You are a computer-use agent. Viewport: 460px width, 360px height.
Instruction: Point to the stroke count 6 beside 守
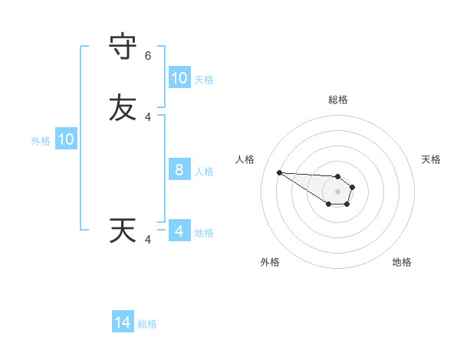pyautogui.click(x=148, y=56)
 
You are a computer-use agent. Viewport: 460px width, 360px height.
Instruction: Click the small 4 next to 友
pyautogui.click(x=148, y=116)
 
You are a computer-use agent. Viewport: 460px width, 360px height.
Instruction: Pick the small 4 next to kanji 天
pyautogui.click(x=148, y=240)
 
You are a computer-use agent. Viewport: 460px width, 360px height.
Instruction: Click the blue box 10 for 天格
pyautogui.click(x=179, y=78)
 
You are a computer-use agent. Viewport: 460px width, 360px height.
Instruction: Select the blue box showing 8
pyautogui.click(x=179, y=170)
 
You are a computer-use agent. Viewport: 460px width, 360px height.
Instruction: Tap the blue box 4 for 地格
pyautogui.click(x=179, y=231)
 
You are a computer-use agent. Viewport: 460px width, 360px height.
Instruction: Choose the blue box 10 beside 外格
pyautogui.click(x=66, y=139)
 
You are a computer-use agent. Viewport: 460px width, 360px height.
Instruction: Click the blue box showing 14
pyautogui.click(x=123, y=323)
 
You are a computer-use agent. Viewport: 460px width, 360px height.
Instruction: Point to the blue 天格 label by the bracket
pyautogui.click(x=204, y=79)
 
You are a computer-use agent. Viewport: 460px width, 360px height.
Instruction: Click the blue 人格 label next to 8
pyautogui.click(x=204, y=171)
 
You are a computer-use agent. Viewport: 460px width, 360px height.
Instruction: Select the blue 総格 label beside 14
pyautogui.click(x=147, y=324)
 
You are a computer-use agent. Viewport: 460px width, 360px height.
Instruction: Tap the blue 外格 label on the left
pyautogui.click(x=41, y=140)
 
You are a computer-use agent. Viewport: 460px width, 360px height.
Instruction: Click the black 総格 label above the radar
pyautogui.click(x=338, y=100)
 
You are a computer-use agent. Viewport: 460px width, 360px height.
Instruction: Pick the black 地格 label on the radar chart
pyautogui.click(x=402, y=262)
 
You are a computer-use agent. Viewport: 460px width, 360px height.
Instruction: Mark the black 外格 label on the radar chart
pyautogui.click(x=270, y=262)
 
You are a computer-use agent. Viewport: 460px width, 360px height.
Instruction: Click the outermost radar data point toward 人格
pyautogui.click(x=279, y=172)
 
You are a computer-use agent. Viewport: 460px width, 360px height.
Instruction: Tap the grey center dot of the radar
pyautogui.click(x=337, y=191)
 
